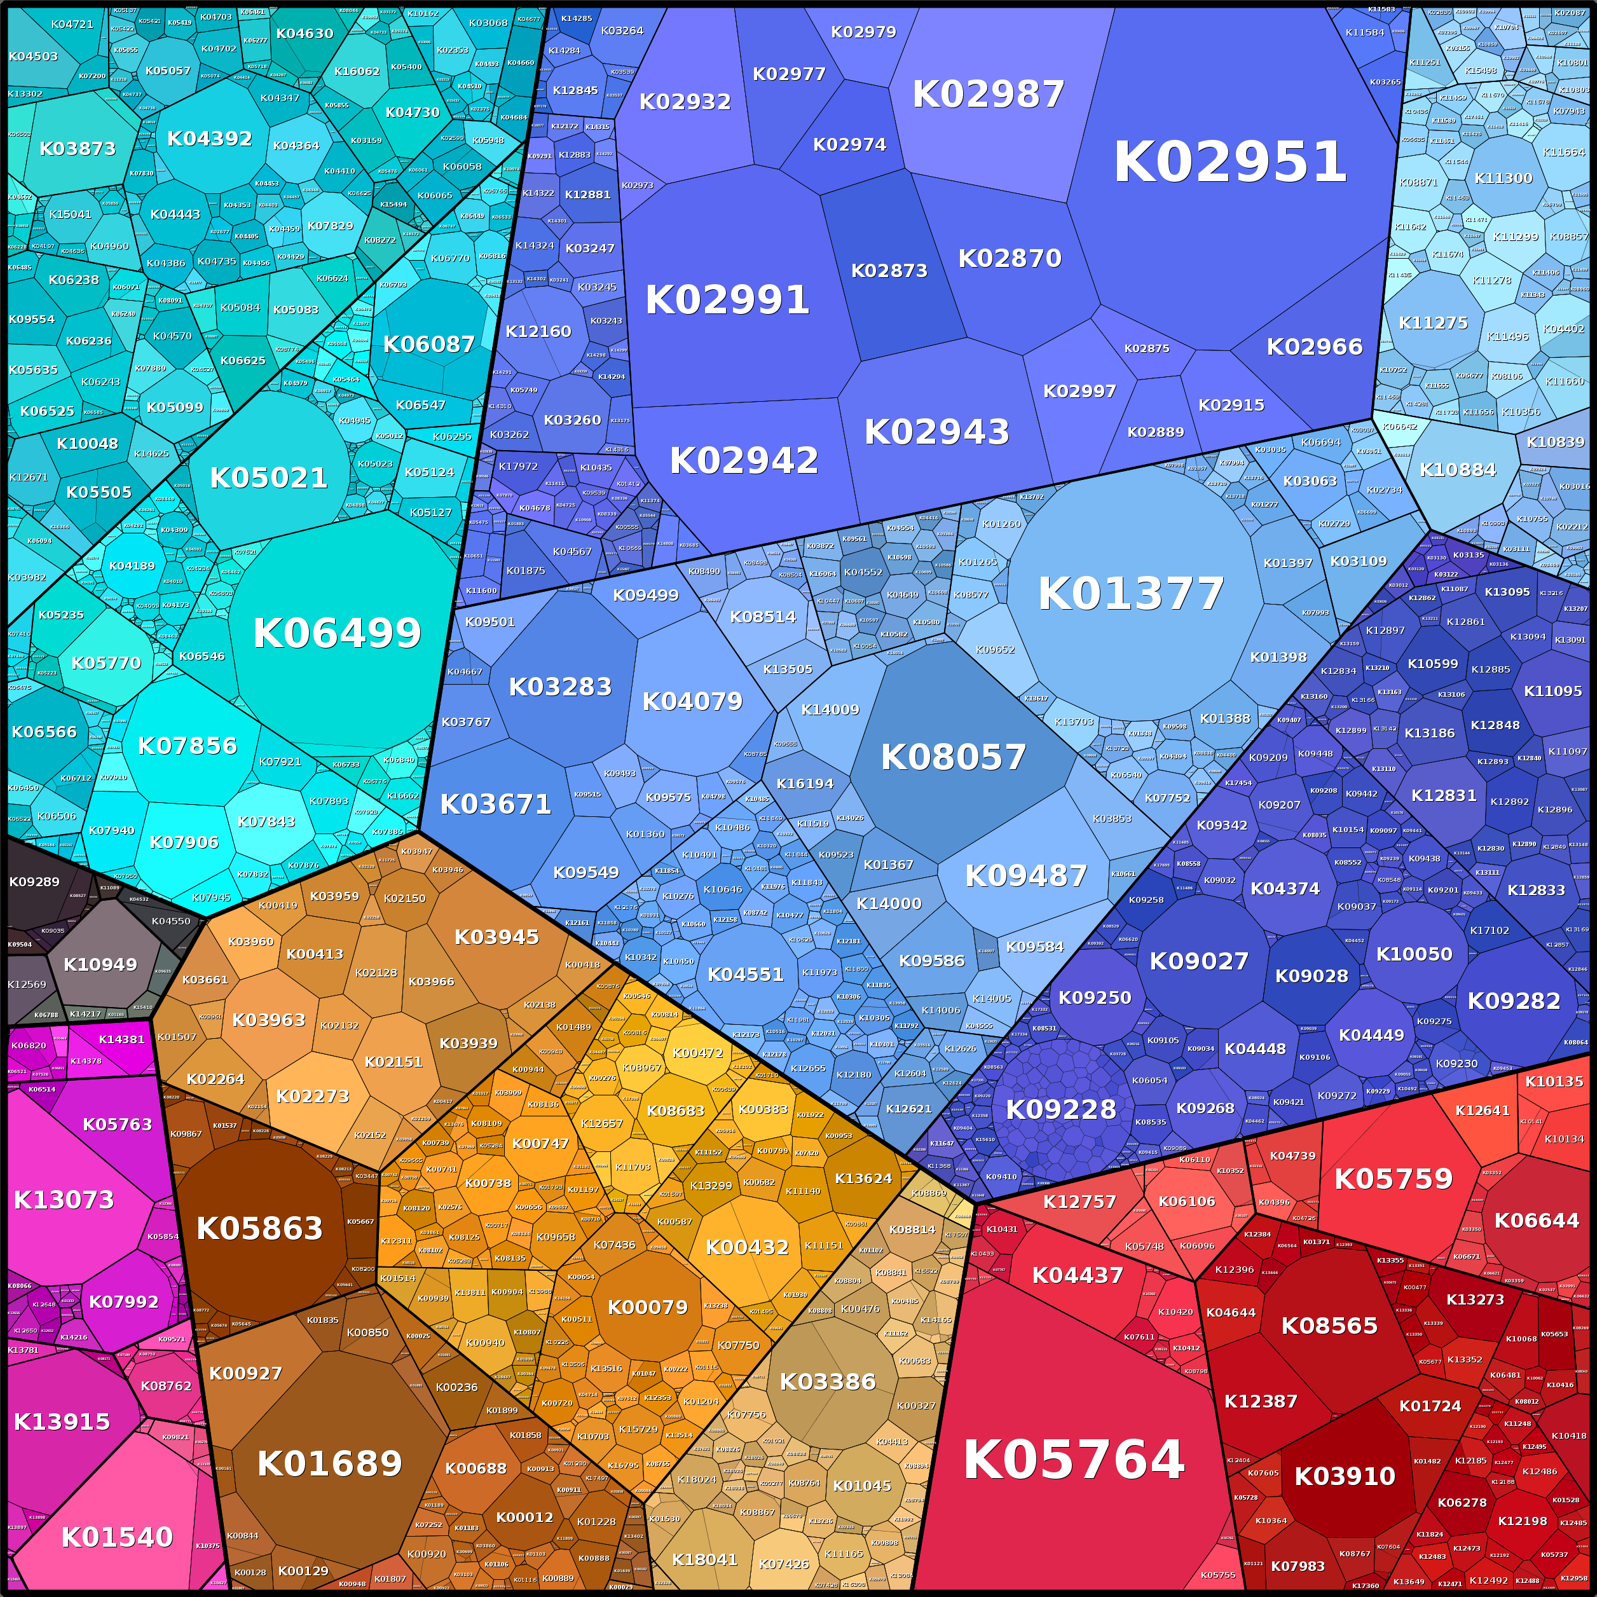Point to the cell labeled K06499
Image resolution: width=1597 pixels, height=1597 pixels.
tap(337, 633)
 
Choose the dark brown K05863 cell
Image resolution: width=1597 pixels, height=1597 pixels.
tap(259, 1229)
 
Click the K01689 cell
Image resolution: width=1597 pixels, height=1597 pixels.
tap(329, 1464)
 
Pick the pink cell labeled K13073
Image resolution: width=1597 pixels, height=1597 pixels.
tap(64, 1200)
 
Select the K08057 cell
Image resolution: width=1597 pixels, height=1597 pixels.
tap(953, 757)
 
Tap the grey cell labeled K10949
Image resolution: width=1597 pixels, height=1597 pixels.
tap(100, 964)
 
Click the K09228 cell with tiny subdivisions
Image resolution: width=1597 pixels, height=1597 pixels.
tap(1060, 1109)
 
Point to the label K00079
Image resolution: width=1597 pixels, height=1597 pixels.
tap(647, 1308)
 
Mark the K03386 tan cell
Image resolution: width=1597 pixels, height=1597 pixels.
tap(828, 1382)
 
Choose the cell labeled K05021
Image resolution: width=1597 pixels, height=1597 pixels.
tap(269, 478)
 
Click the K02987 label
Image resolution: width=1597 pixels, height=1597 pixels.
tap(989, 94)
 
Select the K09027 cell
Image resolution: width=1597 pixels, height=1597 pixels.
tap(1198, 961)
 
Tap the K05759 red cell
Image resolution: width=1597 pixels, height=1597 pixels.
tap(1394, 1179)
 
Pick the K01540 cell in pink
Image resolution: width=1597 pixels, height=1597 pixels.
tap(118, 1537)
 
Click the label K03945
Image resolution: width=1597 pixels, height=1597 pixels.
tap(497, 937)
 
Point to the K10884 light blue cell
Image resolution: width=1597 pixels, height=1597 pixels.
tap(1457, 470)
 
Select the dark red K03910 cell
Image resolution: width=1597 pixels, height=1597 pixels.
tap(1345, 1476)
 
